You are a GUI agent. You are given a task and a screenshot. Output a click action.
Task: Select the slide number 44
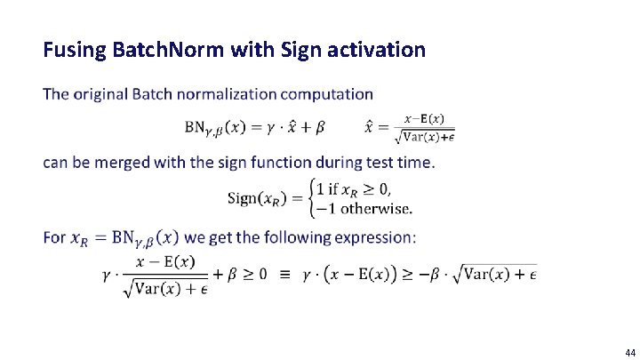pos(629,352)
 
